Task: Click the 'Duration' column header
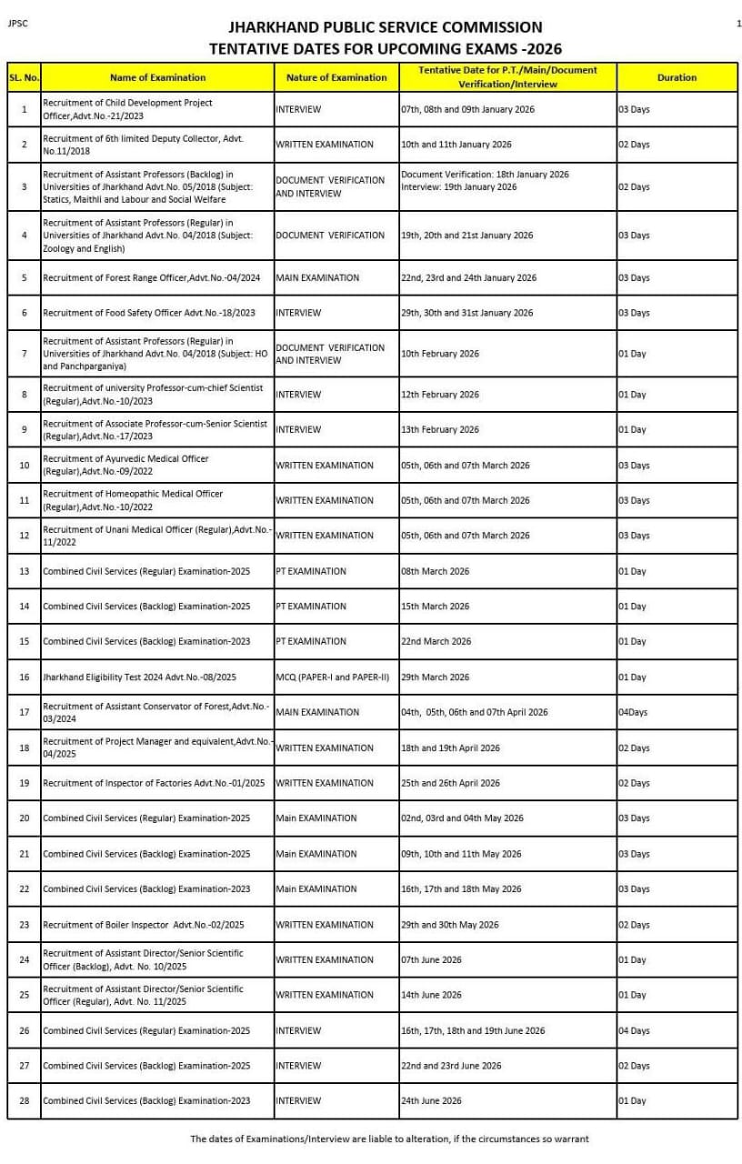(677, 77)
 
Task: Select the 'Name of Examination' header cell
(157, 77)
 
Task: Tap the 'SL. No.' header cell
(24, 77)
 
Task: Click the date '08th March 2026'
(435, 571)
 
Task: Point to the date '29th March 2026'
(435, 677)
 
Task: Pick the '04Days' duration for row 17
(633, 712)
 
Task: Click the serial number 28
(24, 1101)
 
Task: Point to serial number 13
(24, 571)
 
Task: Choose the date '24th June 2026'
(431, 1101)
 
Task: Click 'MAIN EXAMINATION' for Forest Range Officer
(317, 277)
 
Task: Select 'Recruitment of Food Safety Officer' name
(149, 313)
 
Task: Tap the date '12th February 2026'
(440, 395)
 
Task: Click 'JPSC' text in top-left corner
(16, 24)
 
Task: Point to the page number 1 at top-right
(738, 24)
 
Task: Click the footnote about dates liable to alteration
(389, 1139)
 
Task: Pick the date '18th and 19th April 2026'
(451, 748)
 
